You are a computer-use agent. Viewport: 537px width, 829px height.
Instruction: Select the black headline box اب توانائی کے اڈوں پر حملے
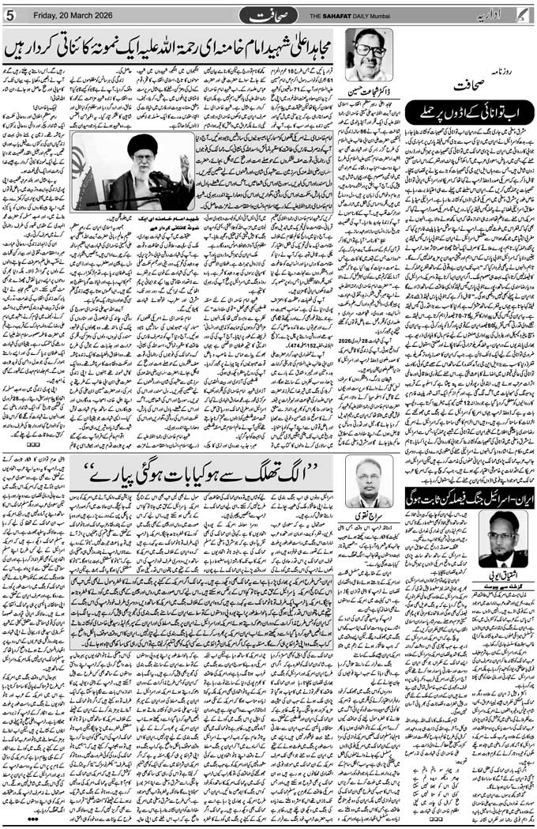click(468, 114)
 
